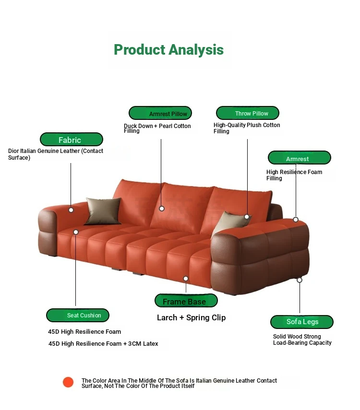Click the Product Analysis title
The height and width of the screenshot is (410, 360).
(x=168, y=50)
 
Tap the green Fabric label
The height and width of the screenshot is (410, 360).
(x=72, y=140)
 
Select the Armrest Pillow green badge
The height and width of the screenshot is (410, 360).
(x=160, y=113)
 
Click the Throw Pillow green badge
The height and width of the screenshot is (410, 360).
(x=247, y=113)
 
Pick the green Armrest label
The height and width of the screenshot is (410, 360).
(x=299, y=158)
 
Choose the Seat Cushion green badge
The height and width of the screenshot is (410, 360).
(x=77, y=316)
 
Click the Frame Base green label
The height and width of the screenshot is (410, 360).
(x=186, y=301)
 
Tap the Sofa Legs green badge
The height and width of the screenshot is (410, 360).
(x=302, y=322)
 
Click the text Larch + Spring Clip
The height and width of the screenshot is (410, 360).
(x=192, y=317)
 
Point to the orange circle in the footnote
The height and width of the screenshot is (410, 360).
(x=68, y=382)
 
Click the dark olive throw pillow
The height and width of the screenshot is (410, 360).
(x=103, y=211)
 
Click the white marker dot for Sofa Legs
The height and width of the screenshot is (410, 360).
(x=300, y=280)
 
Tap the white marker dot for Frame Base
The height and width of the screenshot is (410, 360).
(x=186, y=279)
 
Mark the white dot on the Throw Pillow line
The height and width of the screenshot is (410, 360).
(x=247, y=217)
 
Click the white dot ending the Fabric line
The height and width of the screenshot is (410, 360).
(x=71, y=210)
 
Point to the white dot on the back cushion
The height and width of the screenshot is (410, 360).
(x=162, y=209)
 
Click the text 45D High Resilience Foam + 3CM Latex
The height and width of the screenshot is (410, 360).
(x=103, y=343)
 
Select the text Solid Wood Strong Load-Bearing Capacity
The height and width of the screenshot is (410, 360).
(x=302, y=340)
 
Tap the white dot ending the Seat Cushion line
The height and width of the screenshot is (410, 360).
(x=76, y=232)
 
